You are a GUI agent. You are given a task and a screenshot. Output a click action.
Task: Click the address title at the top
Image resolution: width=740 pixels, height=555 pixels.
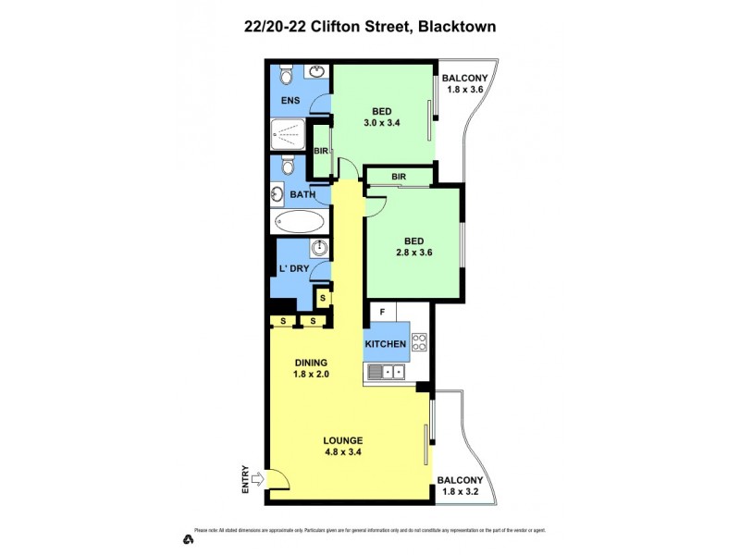tap(369, 27)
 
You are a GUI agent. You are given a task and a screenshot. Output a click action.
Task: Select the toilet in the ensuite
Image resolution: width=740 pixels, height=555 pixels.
tap(287, 74)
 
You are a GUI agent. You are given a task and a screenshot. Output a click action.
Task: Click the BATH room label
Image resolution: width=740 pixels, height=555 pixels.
tap(302, 194)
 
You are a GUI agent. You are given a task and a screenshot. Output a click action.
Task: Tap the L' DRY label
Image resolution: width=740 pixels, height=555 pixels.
tap(292, 269)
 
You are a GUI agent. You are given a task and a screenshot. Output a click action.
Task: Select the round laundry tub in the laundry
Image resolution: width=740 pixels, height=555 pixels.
tap(319, 248)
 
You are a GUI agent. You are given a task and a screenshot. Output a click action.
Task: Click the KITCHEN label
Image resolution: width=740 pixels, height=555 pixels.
tap(386, 344)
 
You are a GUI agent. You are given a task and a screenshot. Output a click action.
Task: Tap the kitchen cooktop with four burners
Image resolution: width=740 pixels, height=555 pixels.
tap(418, 342)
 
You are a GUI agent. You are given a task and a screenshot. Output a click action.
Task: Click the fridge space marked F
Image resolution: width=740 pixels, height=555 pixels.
tap(382, 312)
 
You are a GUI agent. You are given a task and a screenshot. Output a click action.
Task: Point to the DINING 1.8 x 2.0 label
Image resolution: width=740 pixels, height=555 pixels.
tap(311, 368)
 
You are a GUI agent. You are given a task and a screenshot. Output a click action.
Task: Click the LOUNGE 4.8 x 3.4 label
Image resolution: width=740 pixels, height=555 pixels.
tap(343, 446)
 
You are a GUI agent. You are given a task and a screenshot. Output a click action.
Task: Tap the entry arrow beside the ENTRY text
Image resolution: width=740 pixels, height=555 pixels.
tap(257, 479)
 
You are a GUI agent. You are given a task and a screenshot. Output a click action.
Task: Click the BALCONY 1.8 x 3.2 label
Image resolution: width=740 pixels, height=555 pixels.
tap(460, 486)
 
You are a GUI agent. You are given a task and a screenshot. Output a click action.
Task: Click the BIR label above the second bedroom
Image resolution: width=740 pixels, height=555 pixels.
tap(399, 176)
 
